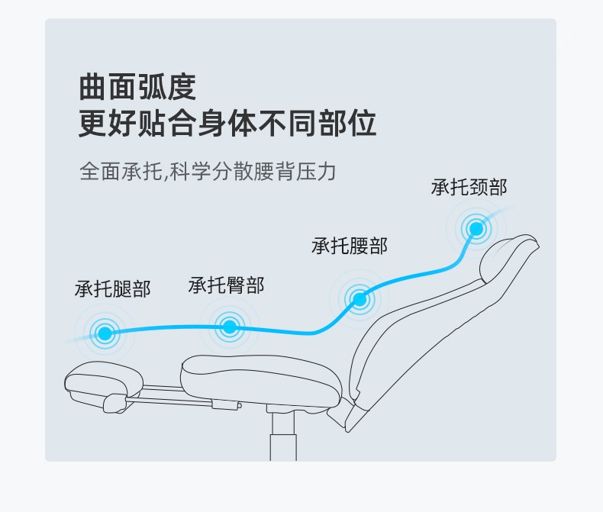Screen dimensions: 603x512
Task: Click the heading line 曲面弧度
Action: [x=137, y=87]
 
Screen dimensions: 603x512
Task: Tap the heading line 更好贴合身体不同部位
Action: [x=227, y=124]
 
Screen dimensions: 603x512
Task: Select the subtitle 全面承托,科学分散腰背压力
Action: [x=208, y=170]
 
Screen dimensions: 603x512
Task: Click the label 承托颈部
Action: [x=469, y=187]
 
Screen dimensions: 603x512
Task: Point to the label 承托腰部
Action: [x=349, y=246]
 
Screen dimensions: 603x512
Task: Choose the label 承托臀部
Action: [x=226, y=285]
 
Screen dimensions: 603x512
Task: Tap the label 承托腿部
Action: [x=112, y=289]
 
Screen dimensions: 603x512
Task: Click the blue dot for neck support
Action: [x=476, y=228]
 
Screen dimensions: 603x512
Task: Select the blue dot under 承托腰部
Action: [x=359, y=299]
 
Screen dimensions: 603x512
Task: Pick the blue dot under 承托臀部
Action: [x=229, y=327]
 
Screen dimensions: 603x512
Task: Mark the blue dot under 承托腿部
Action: [x=105, y=333]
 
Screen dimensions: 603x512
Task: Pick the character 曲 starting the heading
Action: [x=92, y=87]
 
